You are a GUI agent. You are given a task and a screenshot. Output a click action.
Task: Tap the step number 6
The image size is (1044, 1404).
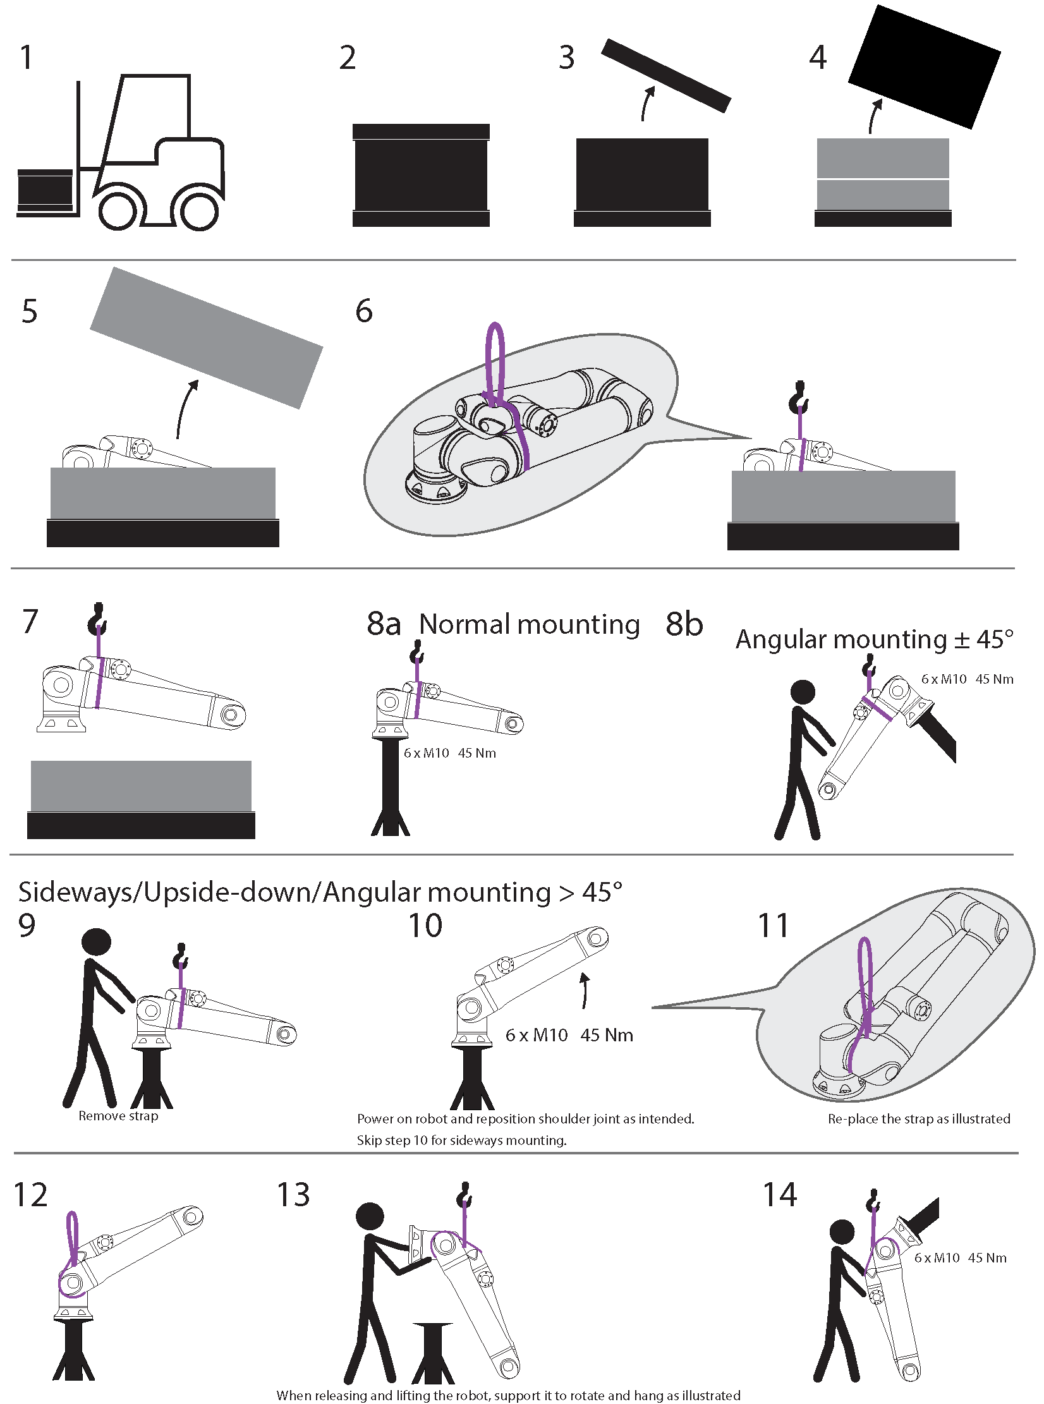(x=364, y=311)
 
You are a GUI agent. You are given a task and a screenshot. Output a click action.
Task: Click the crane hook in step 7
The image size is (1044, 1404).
(x=97, y=619)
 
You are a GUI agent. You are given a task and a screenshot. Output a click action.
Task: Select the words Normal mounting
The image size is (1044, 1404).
(x=530, y=624)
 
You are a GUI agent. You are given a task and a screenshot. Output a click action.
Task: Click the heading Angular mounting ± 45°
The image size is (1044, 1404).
(x=874, y=639)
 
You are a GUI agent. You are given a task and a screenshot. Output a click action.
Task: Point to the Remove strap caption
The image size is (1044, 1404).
(x=118, y=1115)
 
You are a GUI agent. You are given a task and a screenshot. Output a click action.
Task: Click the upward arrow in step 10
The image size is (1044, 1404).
(x=585, y=990)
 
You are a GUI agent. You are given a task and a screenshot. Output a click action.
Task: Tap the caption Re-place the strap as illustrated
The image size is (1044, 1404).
(x=919, y=1118)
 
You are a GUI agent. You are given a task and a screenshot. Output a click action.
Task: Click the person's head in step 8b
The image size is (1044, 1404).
(x=803, y=692)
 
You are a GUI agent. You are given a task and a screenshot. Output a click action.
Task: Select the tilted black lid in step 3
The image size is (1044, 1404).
(x=665, y=75)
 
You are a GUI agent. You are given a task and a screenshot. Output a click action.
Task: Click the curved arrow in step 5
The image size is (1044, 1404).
(x=186, y=408)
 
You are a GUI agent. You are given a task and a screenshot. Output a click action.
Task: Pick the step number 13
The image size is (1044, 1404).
(x=293, y=1195)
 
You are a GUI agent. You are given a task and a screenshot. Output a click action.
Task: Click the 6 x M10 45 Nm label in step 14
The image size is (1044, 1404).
(x=960, y=1257)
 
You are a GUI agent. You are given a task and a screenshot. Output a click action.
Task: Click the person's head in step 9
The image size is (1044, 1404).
(x=97, y=941)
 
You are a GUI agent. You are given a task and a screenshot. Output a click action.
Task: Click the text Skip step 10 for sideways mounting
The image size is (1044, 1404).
(x=461, y=1140)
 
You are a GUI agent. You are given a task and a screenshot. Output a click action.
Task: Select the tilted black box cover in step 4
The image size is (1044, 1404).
(x=924, y=66)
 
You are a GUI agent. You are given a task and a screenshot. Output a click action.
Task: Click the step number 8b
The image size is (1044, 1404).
(x=684, y=624)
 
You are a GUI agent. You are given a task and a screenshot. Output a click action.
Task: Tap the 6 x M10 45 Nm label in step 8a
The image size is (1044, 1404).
(x=450, y=753)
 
